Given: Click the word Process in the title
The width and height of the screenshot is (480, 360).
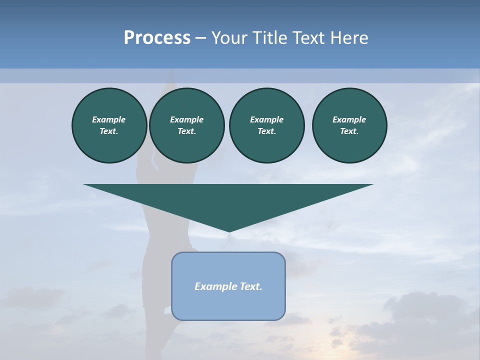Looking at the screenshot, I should click(157, 38).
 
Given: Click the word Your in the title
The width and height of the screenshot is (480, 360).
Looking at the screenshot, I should click(228, 38).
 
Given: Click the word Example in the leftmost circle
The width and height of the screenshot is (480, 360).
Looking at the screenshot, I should click(109, 119).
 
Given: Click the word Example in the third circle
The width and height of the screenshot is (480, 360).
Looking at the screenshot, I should click(266, 119).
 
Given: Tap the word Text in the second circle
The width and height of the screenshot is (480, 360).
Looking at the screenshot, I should click(186, 131).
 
